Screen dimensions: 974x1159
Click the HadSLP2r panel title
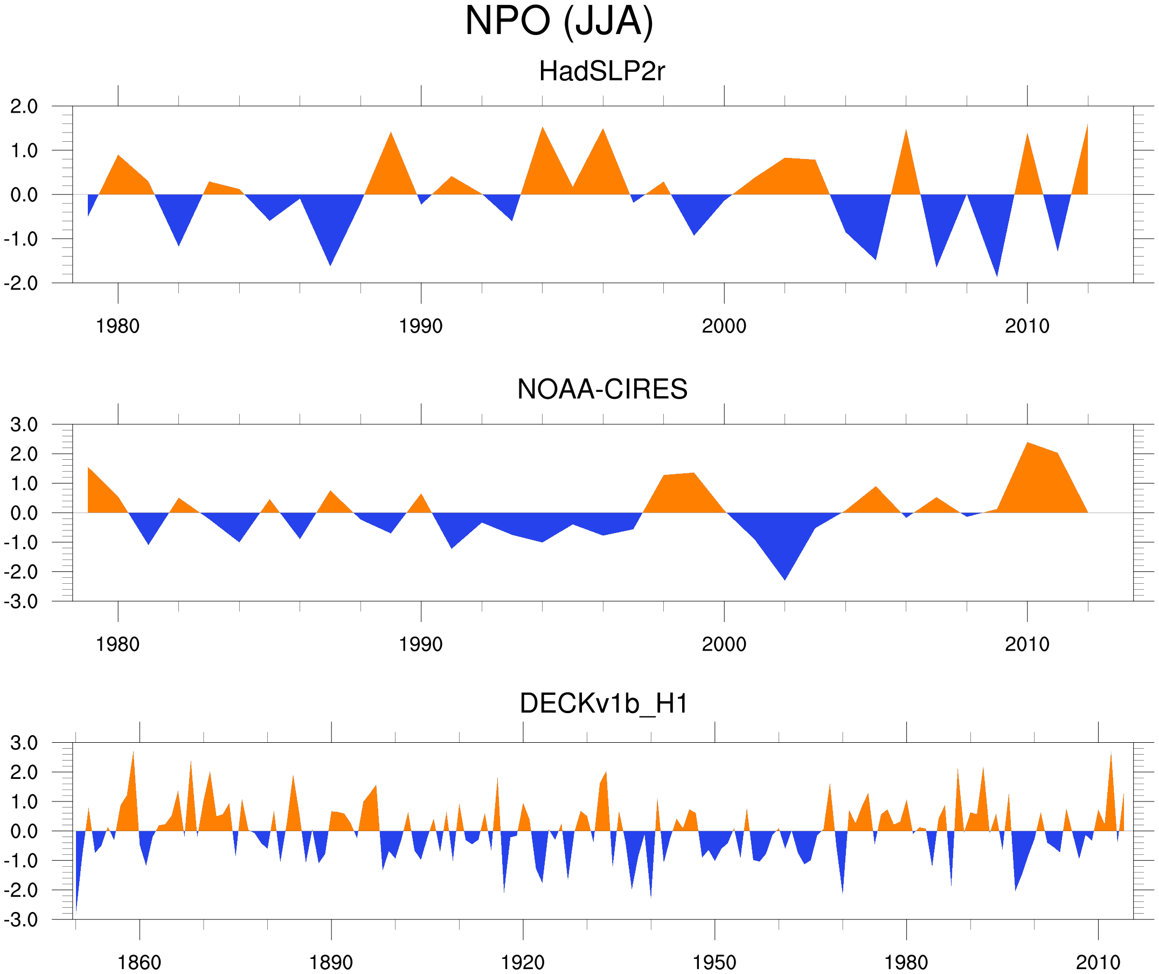(x=601, y=72)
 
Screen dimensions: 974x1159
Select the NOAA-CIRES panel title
(x=602, y=389)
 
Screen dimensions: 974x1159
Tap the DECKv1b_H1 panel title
(x=604, y=704)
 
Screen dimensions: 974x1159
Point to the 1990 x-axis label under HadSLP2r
(x=421, y=326)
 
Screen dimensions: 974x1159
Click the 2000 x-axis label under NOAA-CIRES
(x=724, y=644)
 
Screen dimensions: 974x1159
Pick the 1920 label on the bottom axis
(x=522, y=962)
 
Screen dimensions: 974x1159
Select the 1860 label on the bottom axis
(x=139, y=962)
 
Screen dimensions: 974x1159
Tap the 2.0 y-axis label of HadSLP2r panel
(x=24, y=107)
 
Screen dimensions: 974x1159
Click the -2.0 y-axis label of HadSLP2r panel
(x=21, y=284)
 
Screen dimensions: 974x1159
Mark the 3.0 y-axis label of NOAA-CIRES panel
(x=24, y=425)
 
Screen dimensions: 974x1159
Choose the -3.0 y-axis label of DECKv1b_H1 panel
(x=21, y=920)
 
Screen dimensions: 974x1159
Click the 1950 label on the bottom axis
(x=714, y=962)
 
